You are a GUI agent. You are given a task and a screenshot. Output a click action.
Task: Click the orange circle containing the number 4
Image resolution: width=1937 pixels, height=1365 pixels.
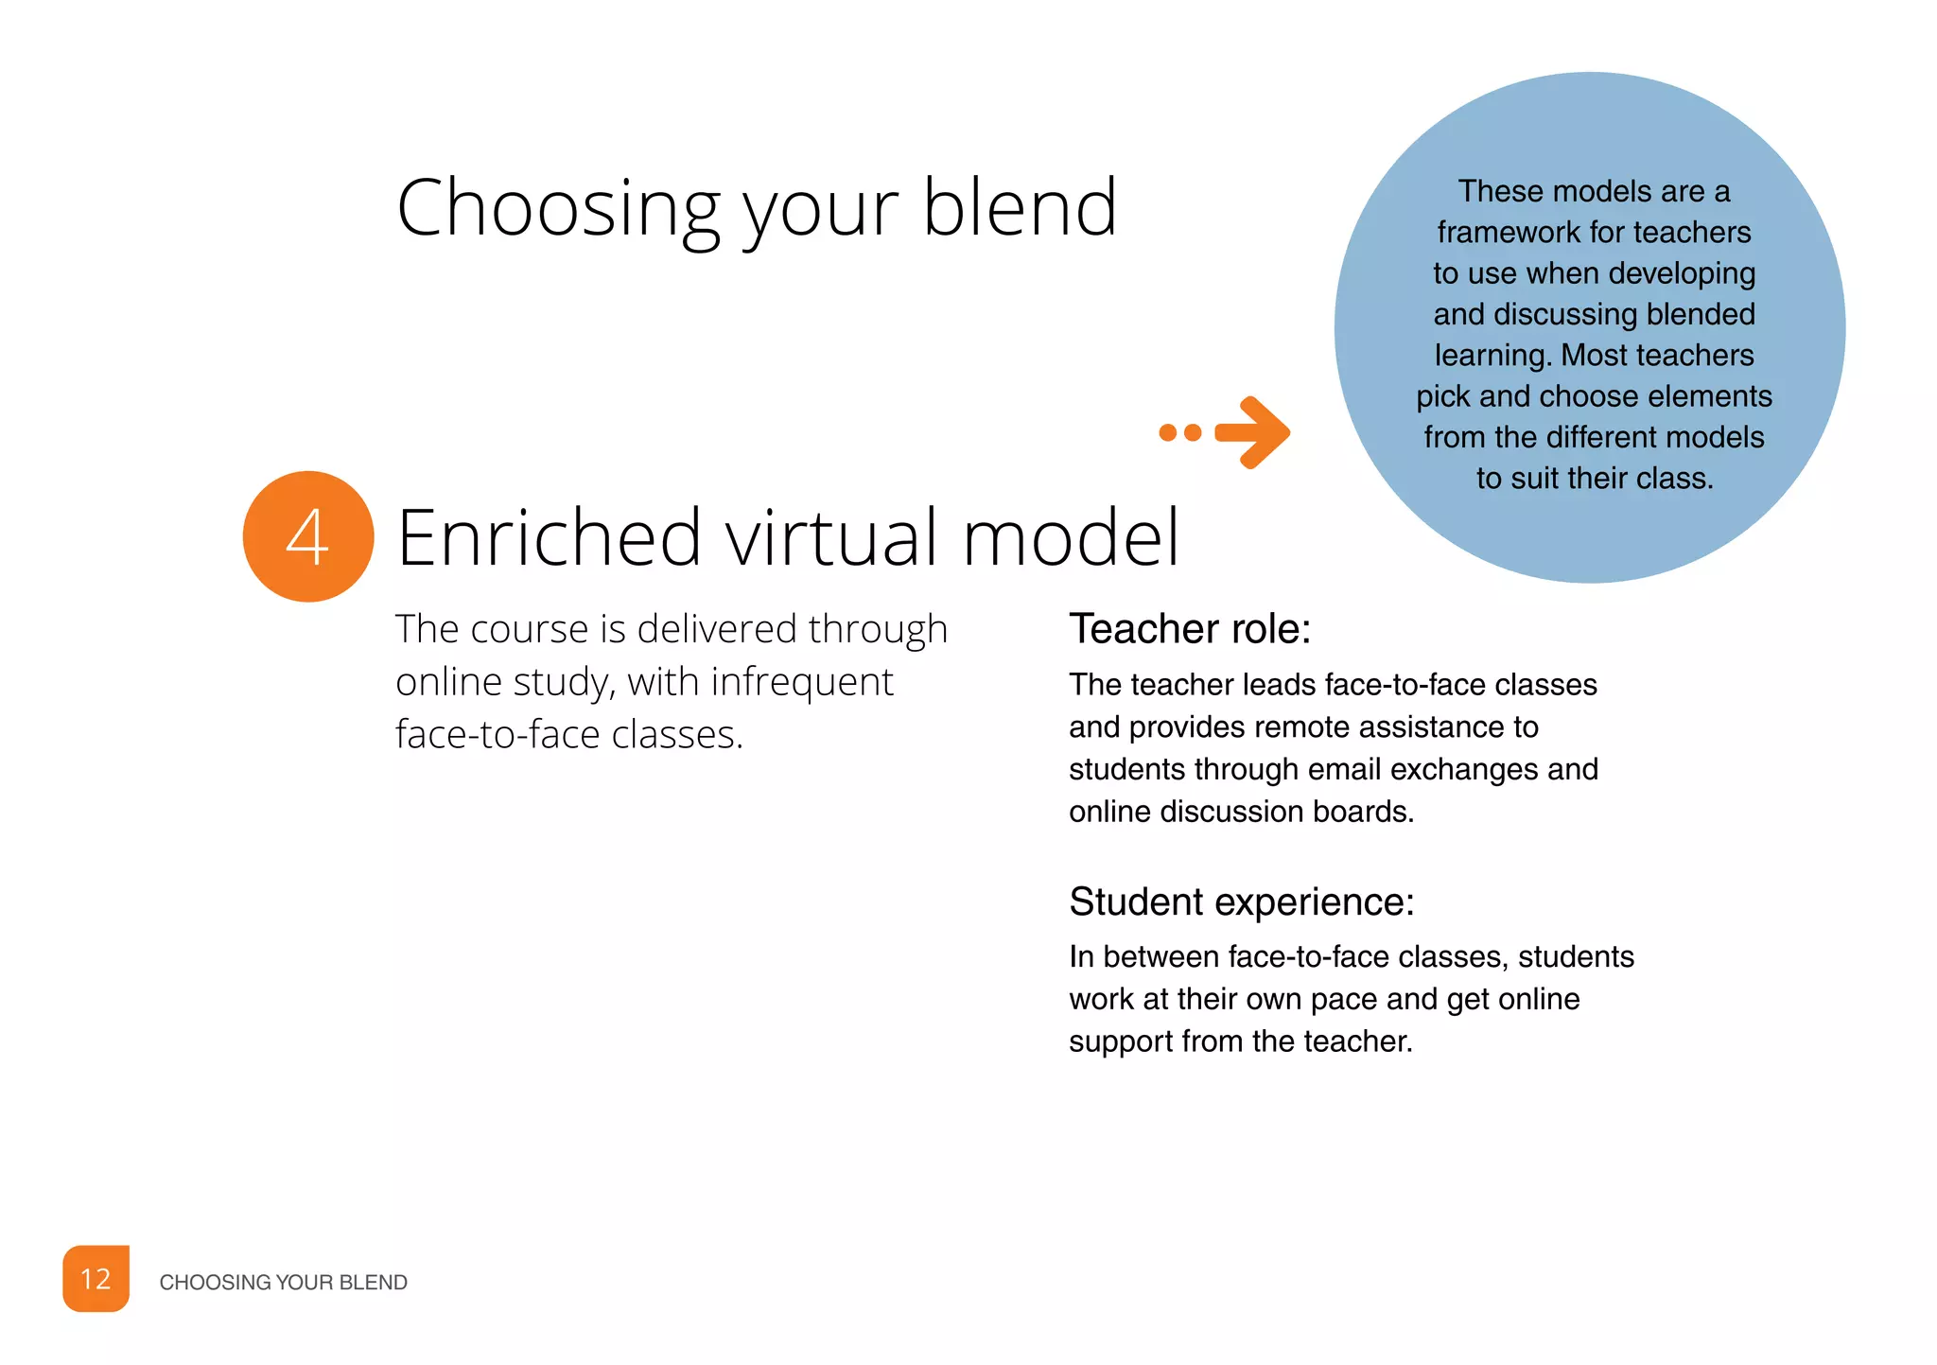pyautogui.click(x=308, y=536)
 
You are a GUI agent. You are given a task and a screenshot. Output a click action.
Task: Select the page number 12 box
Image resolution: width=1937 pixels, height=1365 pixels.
pyautogui.click(x=96, y=1279)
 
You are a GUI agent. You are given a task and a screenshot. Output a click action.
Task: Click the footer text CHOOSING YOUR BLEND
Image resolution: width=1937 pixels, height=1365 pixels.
pyautogui.click(x=283, y=1283)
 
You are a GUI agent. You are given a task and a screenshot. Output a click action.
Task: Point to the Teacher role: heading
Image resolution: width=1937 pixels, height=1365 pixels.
pyautogui.click(x=1190, y=629)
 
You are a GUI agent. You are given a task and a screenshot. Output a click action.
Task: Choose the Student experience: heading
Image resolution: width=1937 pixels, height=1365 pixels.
pyautogui.click(x=1241, y=901)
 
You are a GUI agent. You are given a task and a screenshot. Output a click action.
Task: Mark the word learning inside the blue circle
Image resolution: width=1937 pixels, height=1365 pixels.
pyautogui.click(x=1493, y=356)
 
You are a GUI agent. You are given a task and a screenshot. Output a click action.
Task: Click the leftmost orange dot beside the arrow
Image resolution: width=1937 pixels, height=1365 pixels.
pyautogui.click(x=1168, y=432)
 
